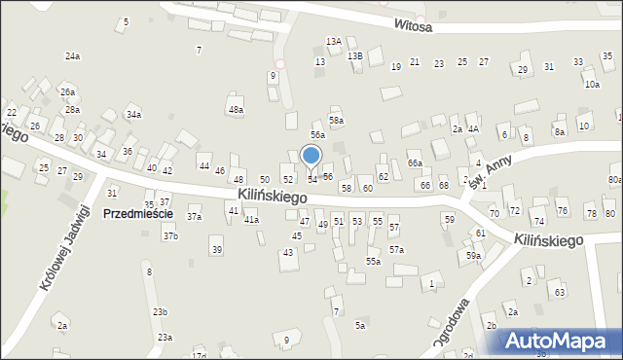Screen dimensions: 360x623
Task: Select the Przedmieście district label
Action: (137, 214)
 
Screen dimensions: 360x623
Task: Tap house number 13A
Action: (334, 42)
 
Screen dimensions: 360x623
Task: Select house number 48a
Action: (236, 110)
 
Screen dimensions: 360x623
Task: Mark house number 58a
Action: (336, 121)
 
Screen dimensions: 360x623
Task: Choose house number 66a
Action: (415, 163)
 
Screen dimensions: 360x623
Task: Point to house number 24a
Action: (72, 56)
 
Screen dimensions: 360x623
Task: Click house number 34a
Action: (133, 115)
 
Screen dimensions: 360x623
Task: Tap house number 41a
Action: (251, 220)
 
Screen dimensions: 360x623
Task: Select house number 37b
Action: (170, 236)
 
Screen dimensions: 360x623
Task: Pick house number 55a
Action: (373, 261)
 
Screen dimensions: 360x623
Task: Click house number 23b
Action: (160, 311)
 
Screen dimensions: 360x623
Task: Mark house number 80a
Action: (615, 180)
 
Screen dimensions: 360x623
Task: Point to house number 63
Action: (560, 292)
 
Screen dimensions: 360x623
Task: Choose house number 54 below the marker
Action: (311, 180)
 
